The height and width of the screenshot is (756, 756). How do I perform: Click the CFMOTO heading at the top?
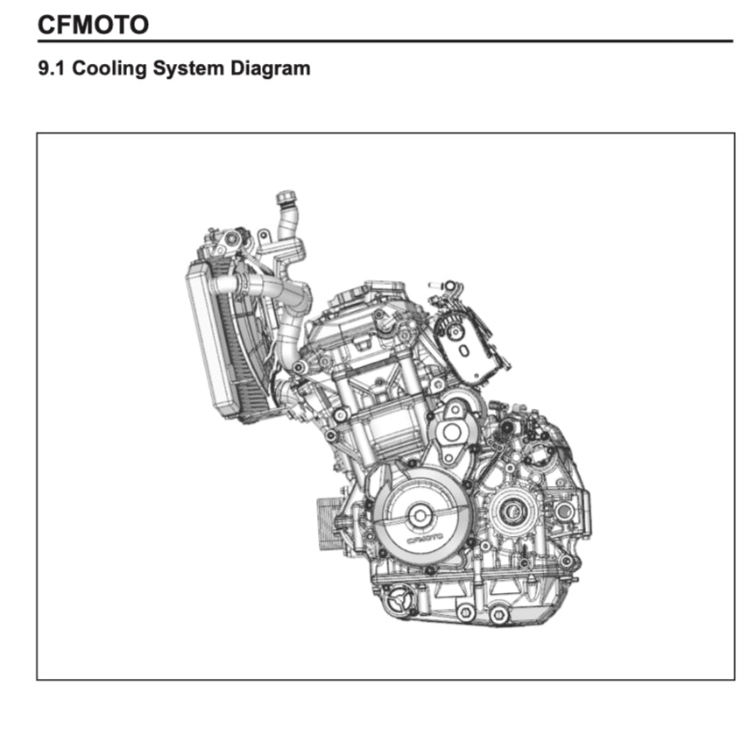click(x=93, y=25)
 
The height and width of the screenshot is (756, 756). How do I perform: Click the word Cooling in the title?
click(x=110, y=69)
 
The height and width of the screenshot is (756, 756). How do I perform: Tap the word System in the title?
click(x=188, y=69)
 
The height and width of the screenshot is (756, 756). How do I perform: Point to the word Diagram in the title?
click(x=270, y=69)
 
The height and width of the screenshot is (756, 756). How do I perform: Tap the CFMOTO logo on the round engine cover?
click(x=425, y=539)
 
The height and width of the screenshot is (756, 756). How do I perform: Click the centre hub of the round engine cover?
click(x=420, y=516)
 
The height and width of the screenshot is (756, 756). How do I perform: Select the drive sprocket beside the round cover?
click(x=512, y=511)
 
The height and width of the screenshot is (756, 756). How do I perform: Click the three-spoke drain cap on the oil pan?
click(x=399, y=598)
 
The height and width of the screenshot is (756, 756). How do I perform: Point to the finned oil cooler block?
click(x=329, y=525)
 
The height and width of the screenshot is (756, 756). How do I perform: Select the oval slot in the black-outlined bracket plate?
click(x=463, y=351)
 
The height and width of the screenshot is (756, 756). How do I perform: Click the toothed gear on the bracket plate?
click(x=453, y=329)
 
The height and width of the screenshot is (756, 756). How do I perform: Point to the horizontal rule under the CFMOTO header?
click(x=385, y=41)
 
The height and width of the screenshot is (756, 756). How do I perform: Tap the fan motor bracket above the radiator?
click(x=227, y=240)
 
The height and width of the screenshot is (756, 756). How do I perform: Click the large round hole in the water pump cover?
click(x=451, y=433)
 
